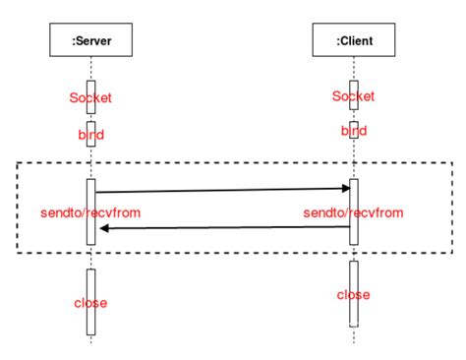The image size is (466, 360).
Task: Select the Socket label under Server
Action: [90, 98]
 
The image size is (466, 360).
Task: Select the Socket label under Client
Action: [353, 95]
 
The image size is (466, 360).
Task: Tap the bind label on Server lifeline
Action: [90, 134]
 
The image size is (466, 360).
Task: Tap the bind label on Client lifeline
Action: [353, 131]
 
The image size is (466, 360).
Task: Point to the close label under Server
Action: [90, 302]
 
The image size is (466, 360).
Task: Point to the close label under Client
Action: [353, 295]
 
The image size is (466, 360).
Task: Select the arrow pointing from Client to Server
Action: [226, 228]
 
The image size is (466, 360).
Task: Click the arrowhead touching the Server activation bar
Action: [102, 228]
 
